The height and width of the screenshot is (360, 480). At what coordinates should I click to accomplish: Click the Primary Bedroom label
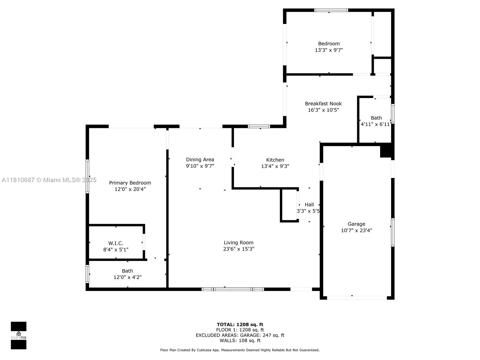click(130, 183)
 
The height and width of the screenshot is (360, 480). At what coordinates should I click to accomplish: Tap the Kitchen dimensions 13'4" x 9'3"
click(275, 166)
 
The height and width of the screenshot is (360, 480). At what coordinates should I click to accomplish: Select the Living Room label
click(238, 242)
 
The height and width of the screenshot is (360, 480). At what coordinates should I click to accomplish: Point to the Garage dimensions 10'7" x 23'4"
click(356, 230)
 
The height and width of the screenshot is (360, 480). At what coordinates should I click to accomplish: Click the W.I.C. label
click(116, 243)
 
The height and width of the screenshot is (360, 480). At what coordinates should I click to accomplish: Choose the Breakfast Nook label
click(323, 103)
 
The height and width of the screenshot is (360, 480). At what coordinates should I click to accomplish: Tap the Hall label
click(309, 205)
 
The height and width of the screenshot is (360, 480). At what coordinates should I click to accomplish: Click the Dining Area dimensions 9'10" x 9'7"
click(200, 166)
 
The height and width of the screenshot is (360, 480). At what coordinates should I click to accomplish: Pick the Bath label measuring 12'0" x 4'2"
click(127, 271)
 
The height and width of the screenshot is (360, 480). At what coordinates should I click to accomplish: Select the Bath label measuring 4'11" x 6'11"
click(376, 118)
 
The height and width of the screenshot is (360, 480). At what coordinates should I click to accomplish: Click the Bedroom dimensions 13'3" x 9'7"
click(329, 50)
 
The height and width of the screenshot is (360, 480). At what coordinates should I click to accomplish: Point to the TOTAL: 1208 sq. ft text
click(240, 325)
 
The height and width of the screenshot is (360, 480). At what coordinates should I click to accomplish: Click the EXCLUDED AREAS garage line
click(240, 335)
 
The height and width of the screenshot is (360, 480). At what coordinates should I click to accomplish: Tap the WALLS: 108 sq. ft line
click(240, 340)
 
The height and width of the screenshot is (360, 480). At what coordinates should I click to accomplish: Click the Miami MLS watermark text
click(49, 180)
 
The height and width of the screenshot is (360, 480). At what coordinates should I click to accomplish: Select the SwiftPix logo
click(19, 335)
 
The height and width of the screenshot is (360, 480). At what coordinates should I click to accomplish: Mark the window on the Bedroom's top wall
click(331, 10)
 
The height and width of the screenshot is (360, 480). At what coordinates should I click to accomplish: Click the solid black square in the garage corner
click(386, 150)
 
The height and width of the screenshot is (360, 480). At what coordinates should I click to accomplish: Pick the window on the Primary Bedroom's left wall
click(87, 176)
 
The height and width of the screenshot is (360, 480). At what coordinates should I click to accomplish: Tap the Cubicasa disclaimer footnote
click(240, 350)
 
